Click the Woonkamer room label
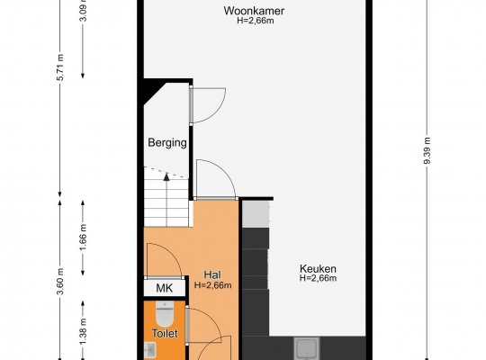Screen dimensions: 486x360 [x=254, y=11]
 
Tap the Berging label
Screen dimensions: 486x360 [x=167, y=142]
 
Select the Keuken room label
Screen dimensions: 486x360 [x=318, y=268]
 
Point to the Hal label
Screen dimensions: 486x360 [x=212, y=274]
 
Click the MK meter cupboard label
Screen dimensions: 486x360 [x=165, y=288]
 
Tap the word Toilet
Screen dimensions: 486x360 [x=165, y=334]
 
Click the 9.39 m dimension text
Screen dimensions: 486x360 [x=427, y=150]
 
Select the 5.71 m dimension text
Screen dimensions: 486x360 [x=60, y=67]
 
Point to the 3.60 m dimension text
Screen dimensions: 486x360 [x=60, y=282]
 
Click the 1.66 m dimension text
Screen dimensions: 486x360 [x=83, y=238]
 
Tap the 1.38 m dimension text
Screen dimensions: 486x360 [x=83, y=332]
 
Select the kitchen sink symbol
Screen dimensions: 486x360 [x=307, y=349]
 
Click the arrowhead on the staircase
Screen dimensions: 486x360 [x=166, y=176]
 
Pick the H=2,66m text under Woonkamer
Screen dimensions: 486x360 [x=256, y=21]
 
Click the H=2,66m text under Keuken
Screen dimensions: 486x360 [x=318, y=278]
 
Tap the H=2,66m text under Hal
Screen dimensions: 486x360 [x=213, y=285]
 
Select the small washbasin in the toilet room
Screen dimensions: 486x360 [x=150, y=349]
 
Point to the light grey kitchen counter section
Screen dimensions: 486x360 [x=256, y=214]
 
